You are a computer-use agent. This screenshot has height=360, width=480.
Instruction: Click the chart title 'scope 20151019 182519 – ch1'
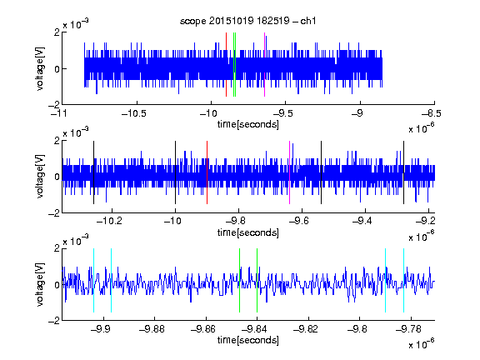pyautogui.click(x=247, y=21)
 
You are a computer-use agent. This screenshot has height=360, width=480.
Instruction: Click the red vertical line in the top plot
pyautogui.click(x=226, y=65)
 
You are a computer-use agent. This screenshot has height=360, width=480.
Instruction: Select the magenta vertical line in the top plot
pyautogui.click(x=264, y=65)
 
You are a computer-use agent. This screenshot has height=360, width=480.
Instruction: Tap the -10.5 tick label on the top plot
pyautogui.click(x=134, y=114)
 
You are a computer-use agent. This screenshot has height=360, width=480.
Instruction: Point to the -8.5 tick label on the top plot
pyautogui.click(x=431, y=114)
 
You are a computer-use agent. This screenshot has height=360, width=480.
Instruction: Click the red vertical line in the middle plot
pyautogui.click(x=207, y=172)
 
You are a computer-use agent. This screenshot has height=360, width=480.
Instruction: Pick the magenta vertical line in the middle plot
pyautogui.click(x=290, y=172)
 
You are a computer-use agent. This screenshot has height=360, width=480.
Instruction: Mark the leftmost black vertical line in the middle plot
pyautogui.click(x=93, y=172)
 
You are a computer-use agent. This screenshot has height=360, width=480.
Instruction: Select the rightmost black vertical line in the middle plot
pyautogui.click(x=404, y=172)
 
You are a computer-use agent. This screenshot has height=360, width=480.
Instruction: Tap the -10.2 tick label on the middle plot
pyautogui.click(x=109, y=221)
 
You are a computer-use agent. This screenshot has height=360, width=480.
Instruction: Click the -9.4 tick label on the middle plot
pyautogui.click(x=362, y=221)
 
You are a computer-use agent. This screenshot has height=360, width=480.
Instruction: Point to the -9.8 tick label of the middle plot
pyautogui.click(x=235, y=221)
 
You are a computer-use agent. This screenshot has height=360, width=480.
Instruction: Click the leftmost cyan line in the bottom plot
pyautogui.click(x=93, y=280)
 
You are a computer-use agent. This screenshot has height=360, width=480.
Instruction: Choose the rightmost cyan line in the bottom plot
pyautogui.click(x=404, y=280)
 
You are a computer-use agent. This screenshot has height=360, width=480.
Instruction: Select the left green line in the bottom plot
pyautogui.click(x=239, y=280)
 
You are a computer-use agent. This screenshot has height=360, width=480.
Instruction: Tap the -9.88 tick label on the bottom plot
pyautogui.click(x=152, y=329)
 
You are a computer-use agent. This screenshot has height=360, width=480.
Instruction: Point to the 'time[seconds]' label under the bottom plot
pyautogui.click(x=248, y=340)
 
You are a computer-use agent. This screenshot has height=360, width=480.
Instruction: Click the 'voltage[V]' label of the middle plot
pyautogui.click(x=40, y=177)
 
